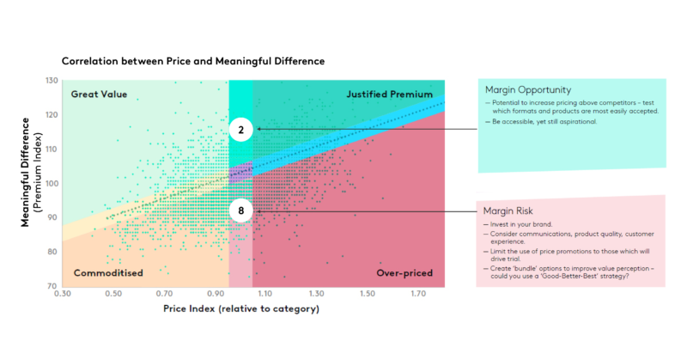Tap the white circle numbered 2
click(242, 130)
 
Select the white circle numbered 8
click(242, 210)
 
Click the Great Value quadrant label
click(99, 94)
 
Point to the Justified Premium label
click(388, 94)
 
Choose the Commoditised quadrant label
click(108, 273)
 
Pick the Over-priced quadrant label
click(404, 273)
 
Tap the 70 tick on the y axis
click(52, 286)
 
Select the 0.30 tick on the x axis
click(62, 295)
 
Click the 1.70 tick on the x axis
click(419, 295)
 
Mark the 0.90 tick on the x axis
click(215, 295)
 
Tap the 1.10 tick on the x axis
click(266, 295)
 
